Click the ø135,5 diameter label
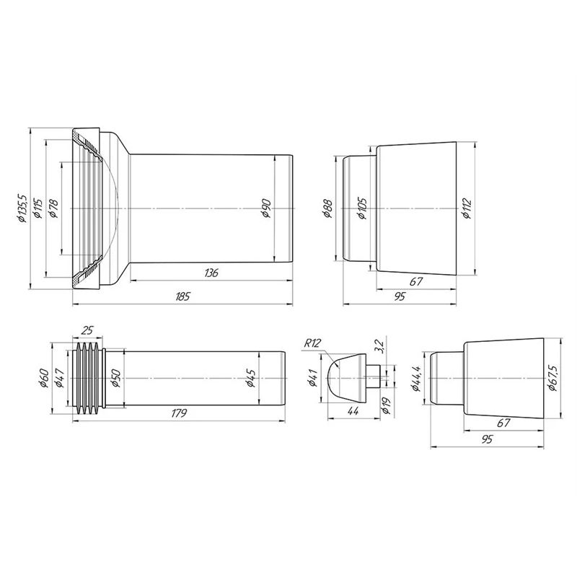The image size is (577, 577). point(22,208)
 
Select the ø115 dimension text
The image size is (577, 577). point(38,208)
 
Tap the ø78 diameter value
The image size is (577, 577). point(53,208)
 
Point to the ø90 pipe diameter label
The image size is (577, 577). point(266,208)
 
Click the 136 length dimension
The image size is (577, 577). point(211,273)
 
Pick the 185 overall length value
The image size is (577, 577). point(182,296)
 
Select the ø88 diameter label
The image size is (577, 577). point(327,208)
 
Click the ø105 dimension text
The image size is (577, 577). point(363,208)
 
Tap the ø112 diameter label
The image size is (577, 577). point(467,208)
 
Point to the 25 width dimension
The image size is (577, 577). point(87,330)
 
